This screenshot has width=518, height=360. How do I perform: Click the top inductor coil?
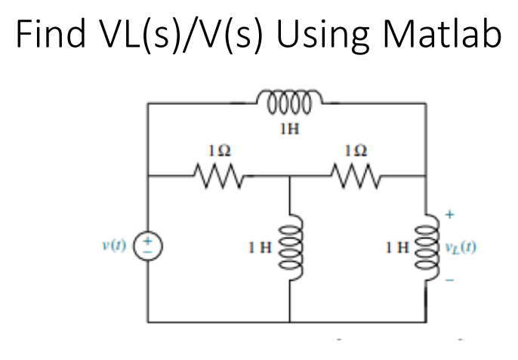coord(289,99)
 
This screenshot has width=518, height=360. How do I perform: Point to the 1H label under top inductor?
coord(289,128)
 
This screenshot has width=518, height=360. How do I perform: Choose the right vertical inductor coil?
coord(428,245)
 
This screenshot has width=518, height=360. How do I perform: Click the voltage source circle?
coord(148,247)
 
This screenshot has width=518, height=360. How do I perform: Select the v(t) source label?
coord(117,247)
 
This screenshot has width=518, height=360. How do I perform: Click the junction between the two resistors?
coord(290,177)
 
